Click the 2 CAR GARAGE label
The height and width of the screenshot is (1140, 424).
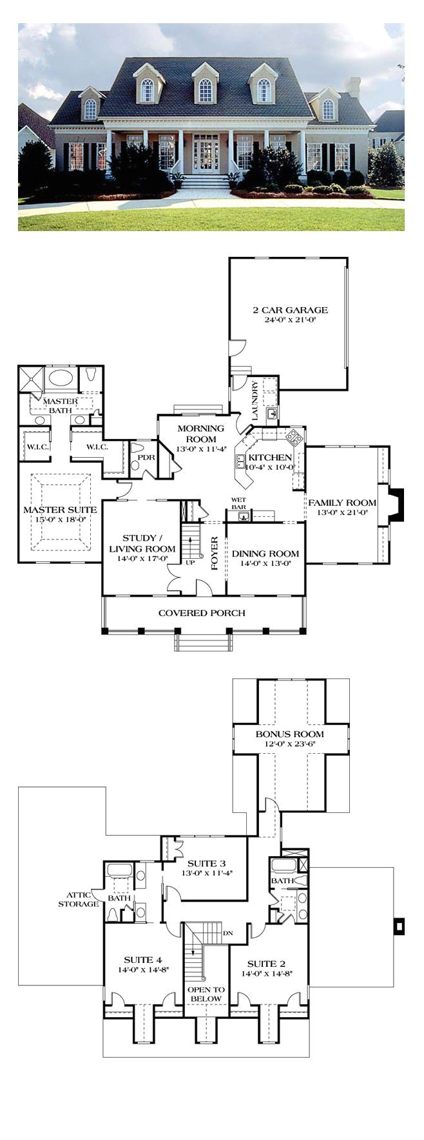tap(289, 310)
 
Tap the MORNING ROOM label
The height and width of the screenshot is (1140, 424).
tap(201, 434)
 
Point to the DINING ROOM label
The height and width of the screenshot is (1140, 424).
tap(265, 554)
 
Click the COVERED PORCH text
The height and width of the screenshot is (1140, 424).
tap(202, 613)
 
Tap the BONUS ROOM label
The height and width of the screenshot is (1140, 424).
tap(289, 734)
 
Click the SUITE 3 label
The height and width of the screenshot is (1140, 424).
tap(206, 863)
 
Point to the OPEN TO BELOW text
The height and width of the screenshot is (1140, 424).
tap(205, 994)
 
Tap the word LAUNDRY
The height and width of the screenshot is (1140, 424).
tap(256, 402)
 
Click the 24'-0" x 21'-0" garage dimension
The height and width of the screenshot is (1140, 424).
tap(289, 320)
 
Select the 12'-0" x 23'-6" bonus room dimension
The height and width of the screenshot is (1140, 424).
tap(289, 744)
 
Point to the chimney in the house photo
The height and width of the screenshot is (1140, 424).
tap(353, 88)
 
